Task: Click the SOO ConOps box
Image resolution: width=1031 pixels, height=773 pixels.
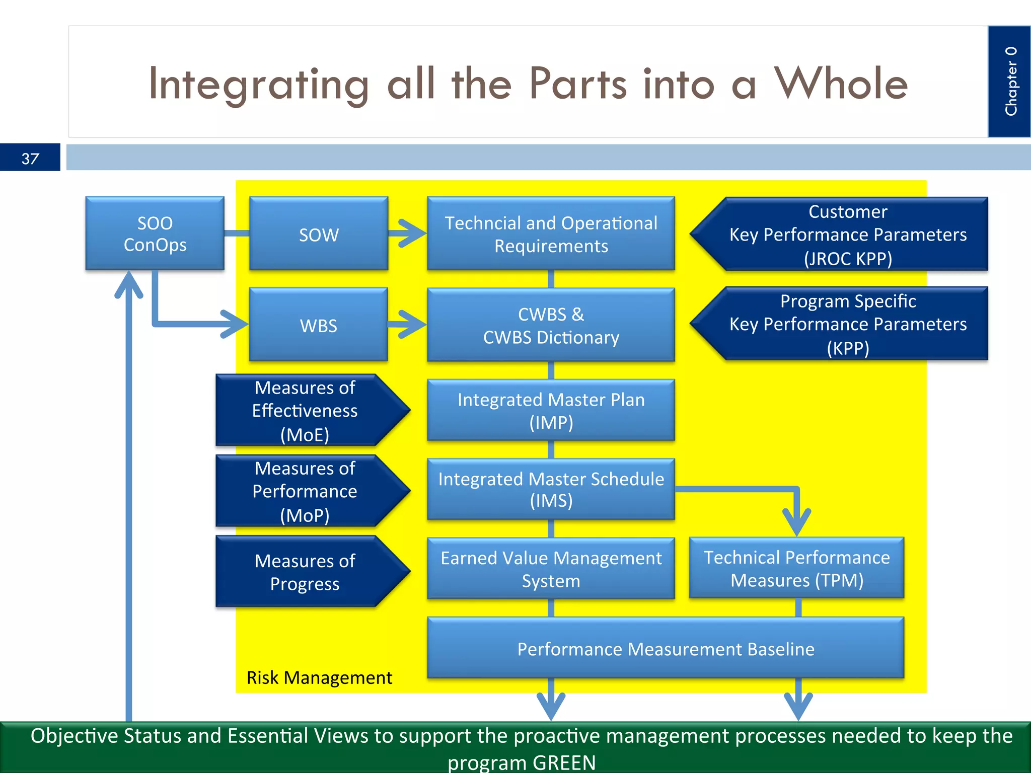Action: pos(155,234)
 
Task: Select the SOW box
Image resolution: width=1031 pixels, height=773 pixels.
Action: pos(318,234)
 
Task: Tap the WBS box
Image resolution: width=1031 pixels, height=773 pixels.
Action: pos(318,325)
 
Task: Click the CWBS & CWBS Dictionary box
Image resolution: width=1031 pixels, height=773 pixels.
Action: pos(551,325)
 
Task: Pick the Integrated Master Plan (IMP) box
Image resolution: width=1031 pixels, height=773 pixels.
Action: pos(551,410)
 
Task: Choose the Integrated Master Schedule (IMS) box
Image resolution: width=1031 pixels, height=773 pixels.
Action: pos(551,489)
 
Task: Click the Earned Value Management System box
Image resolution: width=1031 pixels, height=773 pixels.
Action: pos(551,569)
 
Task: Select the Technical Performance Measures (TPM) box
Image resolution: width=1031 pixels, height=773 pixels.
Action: pos(796,568)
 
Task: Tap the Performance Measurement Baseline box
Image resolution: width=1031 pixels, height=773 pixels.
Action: pos(665,648)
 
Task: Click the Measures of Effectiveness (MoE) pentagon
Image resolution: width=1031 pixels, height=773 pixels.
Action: pos(305,410)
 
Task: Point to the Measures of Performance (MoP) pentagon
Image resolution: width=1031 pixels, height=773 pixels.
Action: pos(305,491)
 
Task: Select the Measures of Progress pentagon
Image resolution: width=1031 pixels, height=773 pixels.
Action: pos(305,572)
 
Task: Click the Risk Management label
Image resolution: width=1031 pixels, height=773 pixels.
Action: pos(319,677)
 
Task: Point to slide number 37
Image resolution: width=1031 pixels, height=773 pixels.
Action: pos(30,159)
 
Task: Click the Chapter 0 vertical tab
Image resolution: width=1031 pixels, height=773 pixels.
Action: pos(1009,82)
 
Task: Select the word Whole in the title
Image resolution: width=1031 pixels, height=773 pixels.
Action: pos(841,84)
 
